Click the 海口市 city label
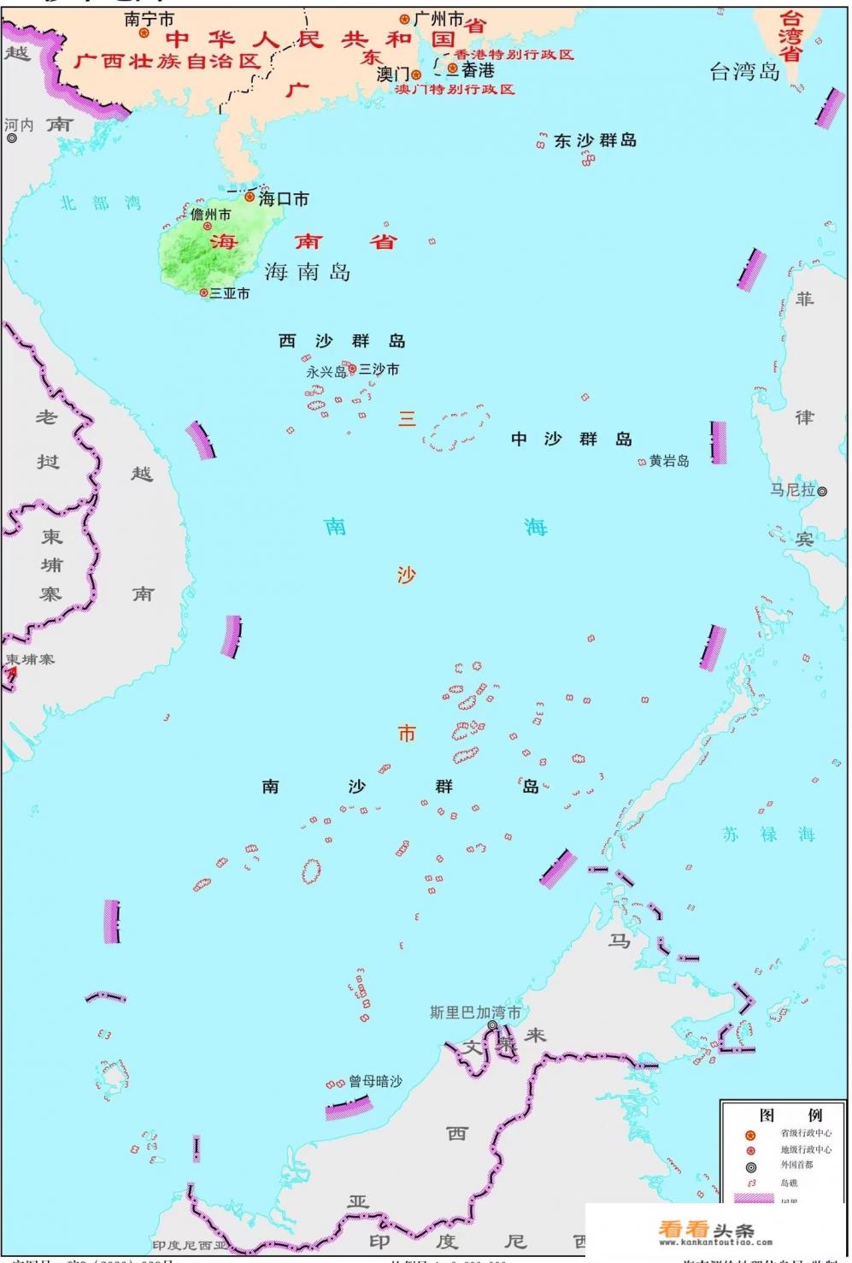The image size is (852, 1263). [x=284, y=199]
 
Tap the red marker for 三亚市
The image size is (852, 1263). [x=204, y=292]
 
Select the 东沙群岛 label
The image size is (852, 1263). [x=596, y=141]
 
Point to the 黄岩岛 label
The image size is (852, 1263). [x=669, y=461]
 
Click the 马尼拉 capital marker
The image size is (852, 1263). [x=822, y=492]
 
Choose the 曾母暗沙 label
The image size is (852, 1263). [x=375, y=1082]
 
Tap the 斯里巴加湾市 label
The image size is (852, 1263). [x=475, y=1012]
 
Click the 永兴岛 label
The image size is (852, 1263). [x=326, y=373]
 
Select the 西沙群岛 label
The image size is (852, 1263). [x=342, y=341]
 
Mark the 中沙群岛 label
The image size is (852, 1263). [x=571, y=439]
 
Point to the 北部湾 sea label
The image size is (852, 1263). [x=100, y=204]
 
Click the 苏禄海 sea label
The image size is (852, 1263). [x=768, y=835]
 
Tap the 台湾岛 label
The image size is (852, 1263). [x=745, y=72]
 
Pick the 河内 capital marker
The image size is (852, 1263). [x=12, y=138]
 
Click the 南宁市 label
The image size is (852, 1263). [x=150, y=19]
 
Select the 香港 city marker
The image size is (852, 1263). [x=453, y=71]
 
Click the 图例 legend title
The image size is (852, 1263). [x=790, y=1115]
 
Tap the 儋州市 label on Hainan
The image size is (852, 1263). [x=210, y=215]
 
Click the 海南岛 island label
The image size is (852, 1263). [x=308, y=272]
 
